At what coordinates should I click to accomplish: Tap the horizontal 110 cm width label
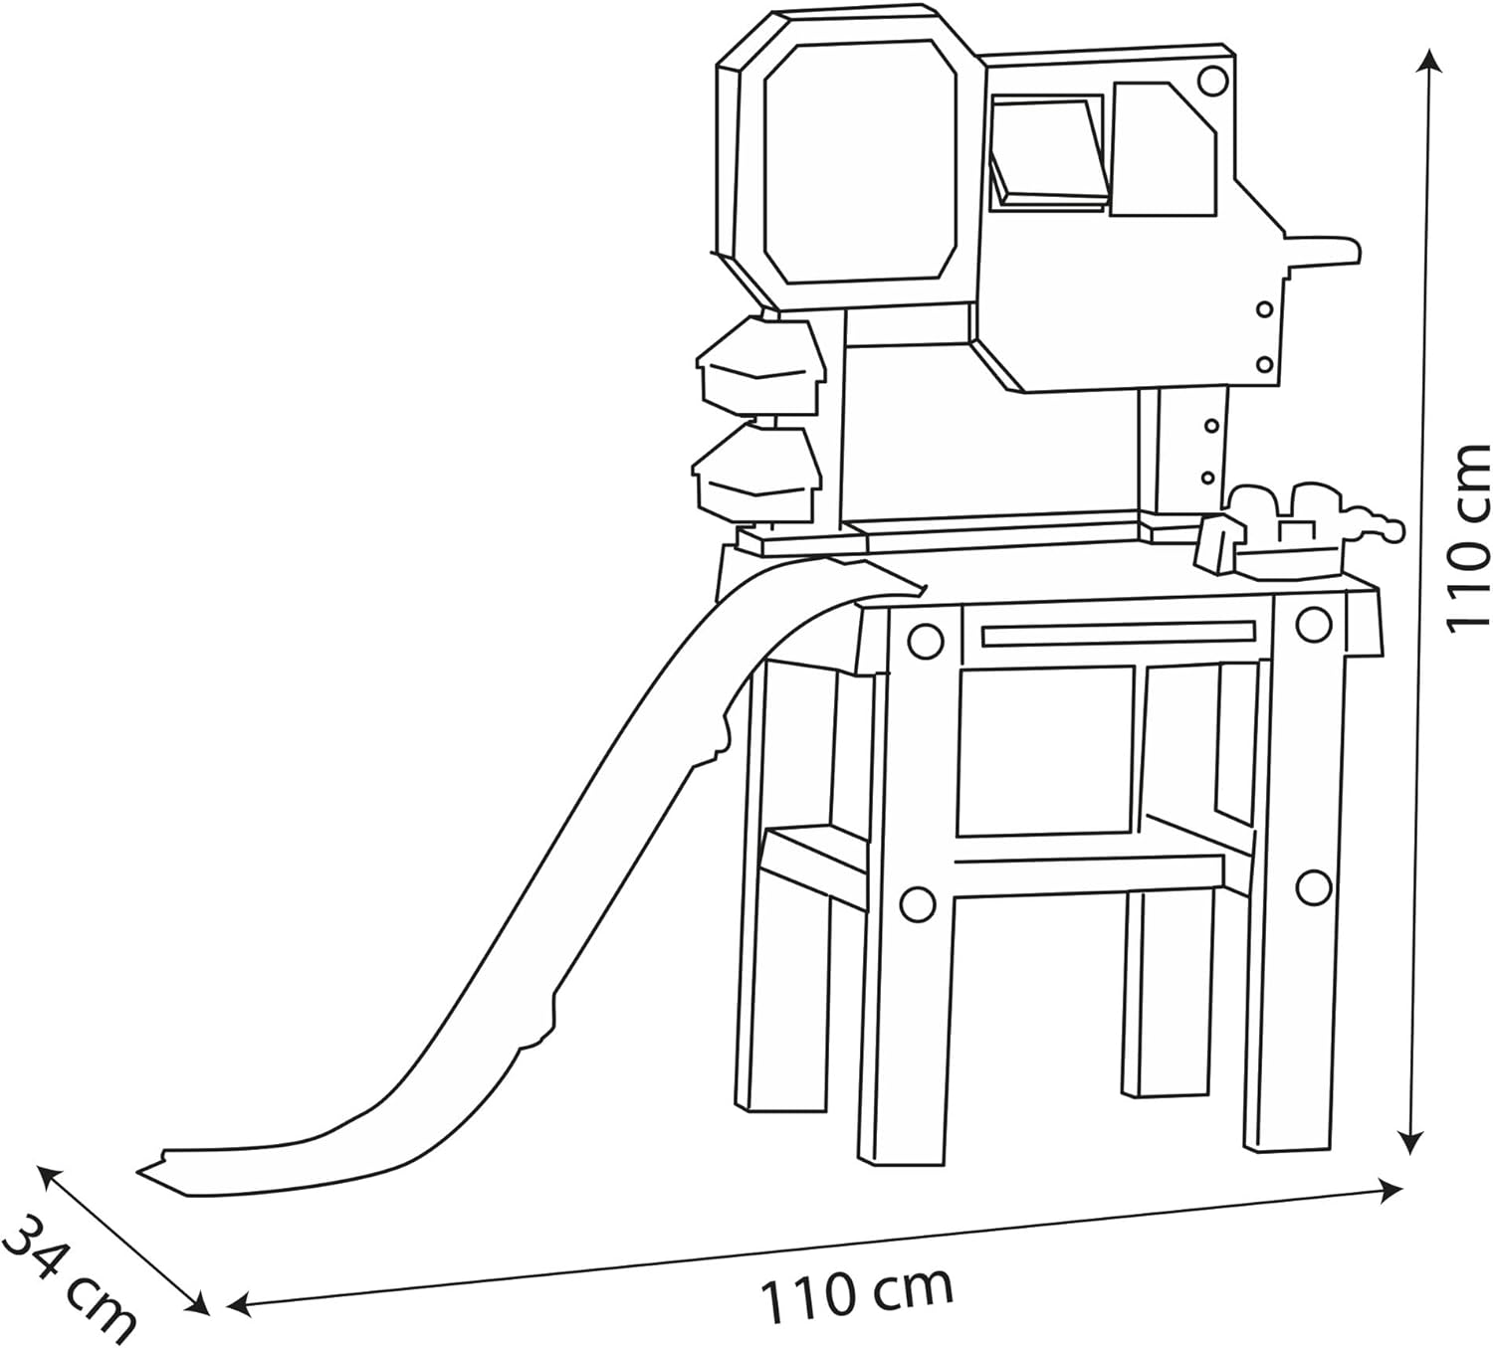(x=856, y=1291)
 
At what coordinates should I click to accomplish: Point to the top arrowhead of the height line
(x=1430, y=62)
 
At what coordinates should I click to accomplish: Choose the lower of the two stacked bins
(x=758, y=472)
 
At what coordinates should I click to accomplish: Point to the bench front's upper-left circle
(x=925, y=640)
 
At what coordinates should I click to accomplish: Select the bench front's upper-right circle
(x=1314, y=624)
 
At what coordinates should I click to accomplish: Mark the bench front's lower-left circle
(x=917, y=903)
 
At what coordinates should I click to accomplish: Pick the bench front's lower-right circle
(x=1314, y=884)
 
